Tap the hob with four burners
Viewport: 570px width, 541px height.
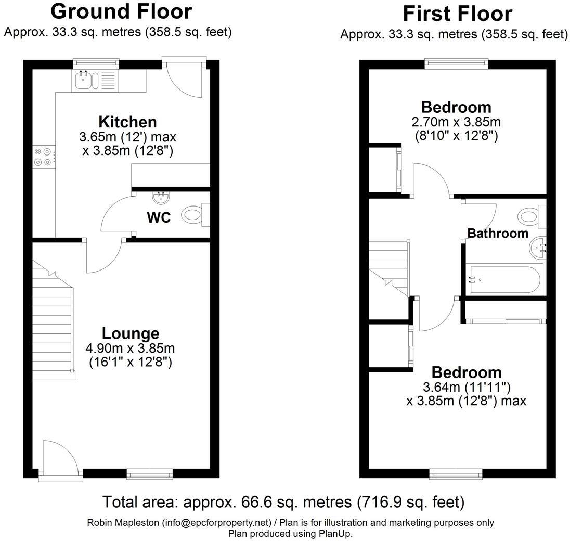43,157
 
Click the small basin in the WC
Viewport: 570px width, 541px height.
160,197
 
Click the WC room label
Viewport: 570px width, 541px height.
159,218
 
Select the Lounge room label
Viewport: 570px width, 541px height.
130,333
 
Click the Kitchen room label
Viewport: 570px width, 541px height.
127,122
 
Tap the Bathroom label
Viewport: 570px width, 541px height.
498,233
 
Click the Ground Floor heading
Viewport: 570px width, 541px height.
121,11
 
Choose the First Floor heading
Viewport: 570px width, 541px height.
457,13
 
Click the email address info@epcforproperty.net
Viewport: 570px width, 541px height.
217,522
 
